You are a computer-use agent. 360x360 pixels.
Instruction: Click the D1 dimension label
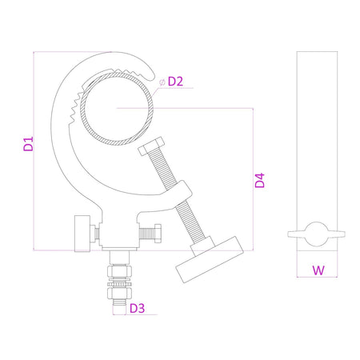(x=28, y=144)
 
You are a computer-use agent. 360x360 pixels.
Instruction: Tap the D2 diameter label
(x=175, y=82)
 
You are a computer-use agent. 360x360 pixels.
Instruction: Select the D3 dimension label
(x=137, y=308)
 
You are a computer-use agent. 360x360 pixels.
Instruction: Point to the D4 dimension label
(x=260, y=180)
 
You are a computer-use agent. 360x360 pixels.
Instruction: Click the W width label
(x=318, y=270)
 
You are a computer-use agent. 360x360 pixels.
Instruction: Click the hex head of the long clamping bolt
(x=150, y=146)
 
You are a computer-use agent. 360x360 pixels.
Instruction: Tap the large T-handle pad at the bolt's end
(x=210, y=260)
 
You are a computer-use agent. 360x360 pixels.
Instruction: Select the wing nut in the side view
(x=317, y=234)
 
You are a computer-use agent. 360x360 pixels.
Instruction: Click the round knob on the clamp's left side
(x=82, y=234)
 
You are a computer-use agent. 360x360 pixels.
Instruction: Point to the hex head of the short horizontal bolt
(x=158, y=234)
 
